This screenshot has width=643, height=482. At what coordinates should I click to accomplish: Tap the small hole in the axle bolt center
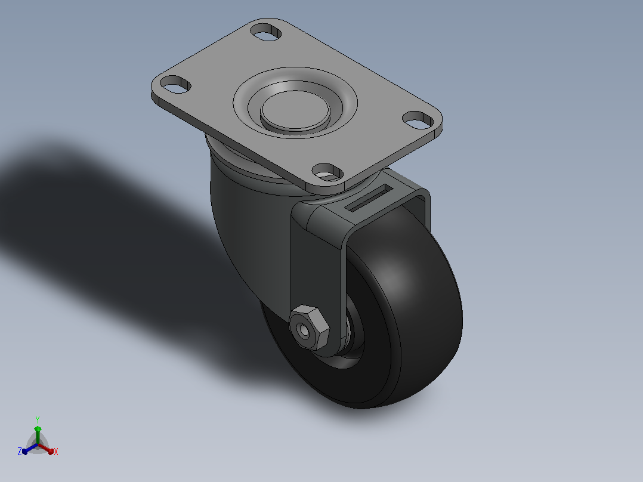pyautogui.click(x=303, y=329)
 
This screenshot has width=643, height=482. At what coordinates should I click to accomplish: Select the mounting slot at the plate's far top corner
pyautogui.click(x=266, y=32)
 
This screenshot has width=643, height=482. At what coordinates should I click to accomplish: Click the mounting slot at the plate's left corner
pyautogui.click(x=175, y=85)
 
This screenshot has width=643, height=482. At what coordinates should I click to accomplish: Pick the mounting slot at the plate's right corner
pyautogui.click(x=418, y=120)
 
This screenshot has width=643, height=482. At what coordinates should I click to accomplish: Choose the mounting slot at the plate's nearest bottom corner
pyautogui.click(x=327, y=172)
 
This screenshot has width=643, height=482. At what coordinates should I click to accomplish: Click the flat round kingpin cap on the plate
pyautogui.click(x=295, y=110)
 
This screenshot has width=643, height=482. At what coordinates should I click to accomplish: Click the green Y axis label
pyautogui.click(x=38, y=419)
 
